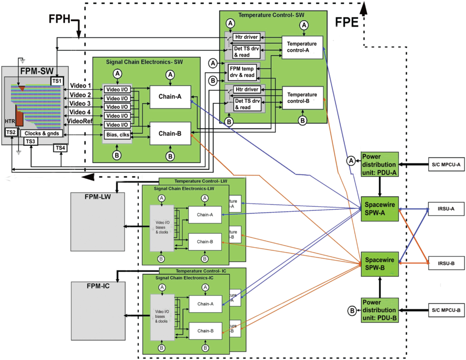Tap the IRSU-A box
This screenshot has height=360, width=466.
click(445, 209)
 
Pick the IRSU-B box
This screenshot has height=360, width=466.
click(445, 263)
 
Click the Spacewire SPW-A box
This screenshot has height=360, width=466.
click(379, 208)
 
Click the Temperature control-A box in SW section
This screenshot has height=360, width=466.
click(302, 47)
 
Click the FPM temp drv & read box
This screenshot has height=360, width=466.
click(242, 72)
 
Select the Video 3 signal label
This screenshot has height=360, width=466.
click(80, 103)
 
